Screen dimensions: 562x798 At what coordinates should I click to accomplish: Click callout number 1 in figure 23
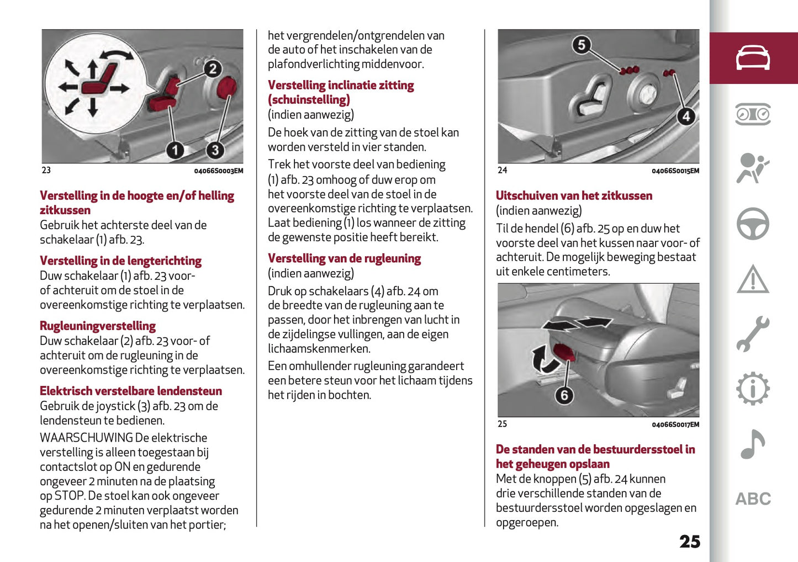point(175,150)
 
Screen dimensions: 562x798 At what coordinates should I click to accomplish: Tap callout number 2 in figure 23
point(213,68)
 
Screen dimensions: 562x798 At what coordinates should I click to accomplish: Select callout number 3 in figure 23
point(215,150)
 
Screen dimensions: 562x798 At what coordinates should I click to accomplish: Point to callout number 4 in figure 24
point(685,116)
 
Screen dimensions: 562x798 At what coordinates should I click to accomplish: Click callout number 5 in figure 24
point(581,45)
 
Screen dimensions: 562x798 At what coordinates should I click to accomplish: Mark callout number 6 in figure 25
point(564,395)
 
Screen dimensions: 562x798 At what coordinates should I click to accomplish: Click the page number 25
point(689,542)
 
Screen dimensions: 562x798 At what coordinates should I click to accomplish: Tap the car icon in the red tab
point(753,58)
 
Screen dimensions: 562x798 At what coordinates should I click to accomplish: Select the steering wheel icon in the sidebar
point(753,224)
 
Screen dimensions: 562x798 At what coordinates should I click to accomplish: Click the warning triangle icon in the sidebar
point(753,279)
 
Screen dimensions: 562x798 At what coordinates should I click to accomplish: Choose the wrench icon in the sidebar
point(753,334)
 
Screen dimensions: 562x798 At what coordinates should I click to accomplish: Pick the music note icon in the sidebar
point(753,444)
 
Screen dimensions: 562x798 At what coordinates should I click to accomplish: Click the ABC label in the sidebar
point(753,499)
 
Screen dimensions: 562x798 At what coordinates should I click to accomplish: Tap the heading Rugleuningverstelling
point(98,326)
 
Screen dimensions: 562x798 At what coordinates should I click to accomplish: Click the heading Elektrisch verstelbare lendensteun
point(131,391)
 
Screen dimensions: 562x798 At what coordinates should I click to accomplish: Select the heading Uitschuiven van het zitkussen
point(574,195)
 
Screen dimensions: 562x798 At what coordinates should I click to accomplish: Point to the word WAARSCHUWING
point(86,438)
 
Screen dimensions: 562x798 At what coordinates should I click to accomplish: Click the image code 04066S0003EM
point(218,171)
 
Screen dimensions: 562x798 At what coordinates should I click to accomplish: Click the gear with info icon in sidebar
point(753,389)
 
